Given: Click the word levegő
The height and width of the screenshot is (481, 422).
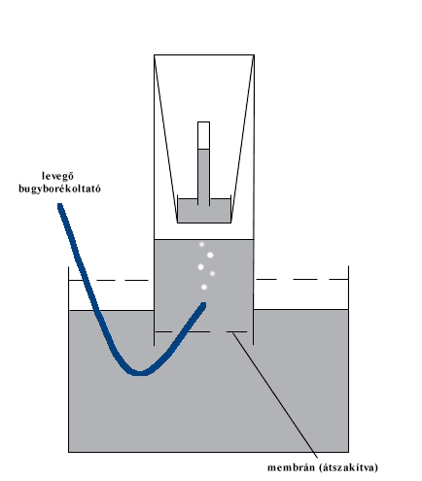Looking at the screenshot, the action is pos(58,176).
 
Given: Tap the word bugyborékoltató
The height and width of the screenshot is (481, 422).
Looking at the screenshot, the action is pos(59,189).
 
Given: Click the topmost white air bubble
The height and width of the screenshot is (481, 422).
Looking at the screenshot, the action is pos(201,244).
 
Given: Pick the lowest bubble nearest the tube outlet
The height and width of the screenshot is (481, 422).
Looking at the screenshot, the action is pos(204,287).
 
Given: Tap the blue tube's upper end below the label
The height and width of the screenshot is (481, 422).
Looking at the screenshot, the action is pos(60,206).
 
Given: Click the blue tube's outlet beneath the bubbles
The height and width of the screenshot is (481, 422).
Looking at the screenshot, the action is pos(203,305).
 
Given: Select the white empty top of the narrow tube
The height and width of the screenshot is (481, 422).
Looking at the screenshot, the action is pos(203,135).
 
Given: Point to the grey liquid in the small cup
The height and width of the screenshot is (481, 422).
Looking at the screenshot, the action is pos(204,212).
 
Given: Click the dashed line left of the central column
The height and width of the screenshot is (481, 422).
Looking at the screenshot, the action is pos(109,280).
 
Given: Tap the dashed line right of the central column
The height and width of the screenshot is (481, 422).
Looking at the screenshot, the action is pos(301,279).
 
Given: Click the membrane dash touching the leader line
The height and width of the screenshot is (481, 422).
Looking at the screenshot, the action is pos(236,331).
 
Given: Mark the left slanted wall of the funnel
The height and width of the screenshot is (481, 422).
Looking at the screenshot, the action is pos(166,139).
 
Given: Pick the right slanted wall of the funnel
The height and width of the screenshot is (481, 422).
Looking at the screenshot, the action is pos(242,139).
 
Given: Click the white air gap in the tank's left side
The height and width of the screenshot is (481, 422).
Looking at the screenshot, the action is pos(111,295).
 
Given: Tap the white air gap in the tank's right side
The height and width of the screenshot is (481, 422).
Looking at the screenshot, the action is pos(301,294).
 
